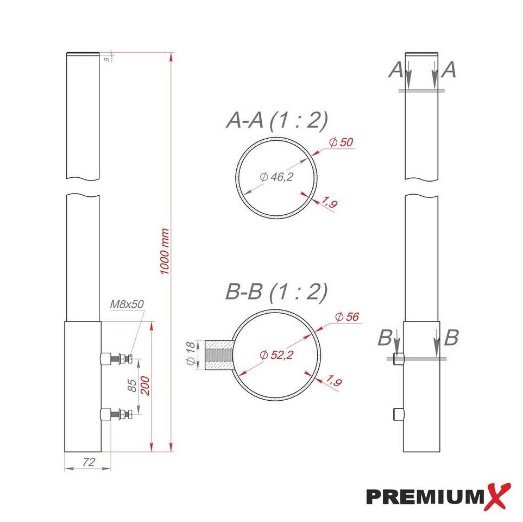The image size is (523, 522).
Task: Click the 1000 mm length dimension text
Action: (x=165, y=251)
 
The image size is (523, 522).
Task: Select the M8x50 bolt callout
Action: (x=127, y=304)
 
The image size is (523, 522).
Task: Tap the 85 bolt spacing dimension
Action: (x=132, y=386)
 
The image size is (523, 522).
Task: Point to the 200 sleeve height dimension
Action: (x=145, y=386)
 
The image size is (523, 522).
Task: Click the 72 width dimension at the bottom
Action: (x=89, y=462)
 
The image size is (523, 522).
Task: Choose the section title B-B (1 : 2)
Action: (x=276, y=291)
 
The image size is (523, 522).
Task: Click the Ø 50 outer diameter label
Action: (x=341, y=142)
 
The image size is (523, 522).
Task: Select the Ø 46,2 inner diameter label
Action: (x=276, y=177)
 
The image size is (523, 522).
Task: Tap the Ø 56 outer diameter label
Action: (x=347, y=316)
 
